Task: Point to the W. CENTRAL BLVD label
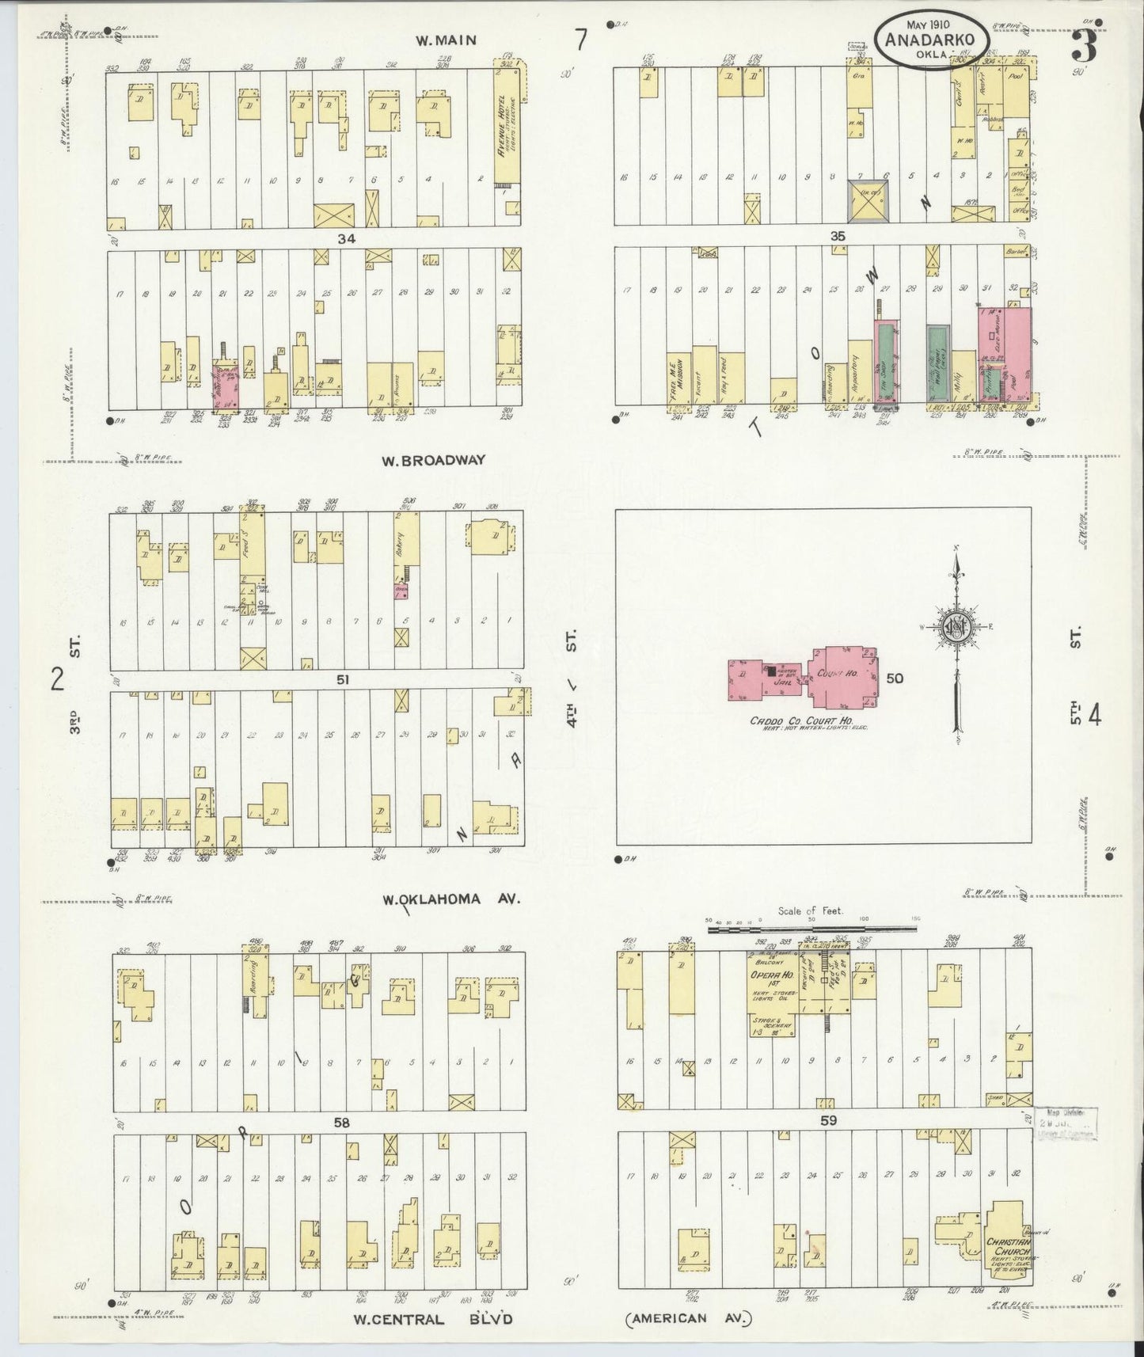(x=433, y=1319)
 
